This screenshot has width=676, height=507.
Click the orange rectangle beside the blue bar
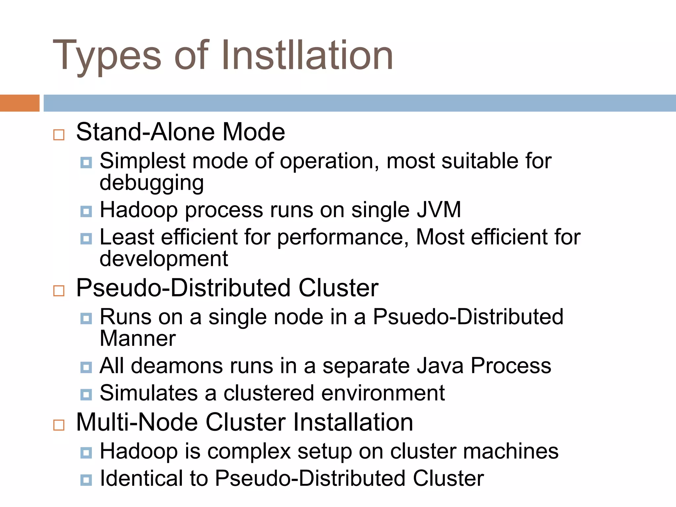click(19, 103)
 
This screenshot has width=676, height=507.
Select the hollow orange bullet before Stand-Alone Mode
click(59, 135)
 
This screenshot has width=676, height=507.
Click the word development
click(164, 258)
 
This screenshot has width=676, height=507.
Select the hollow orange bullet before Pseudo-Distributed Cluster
click(59, 291)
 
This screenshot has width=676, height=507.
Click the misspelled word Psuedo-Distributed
click(468, 317)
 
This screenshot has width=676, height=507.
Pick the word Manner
click(138, 339)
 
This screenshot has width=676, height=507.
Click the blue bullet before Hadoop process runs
click(86, 211)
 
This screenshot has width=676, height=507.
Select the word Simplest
click(142, 161)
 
